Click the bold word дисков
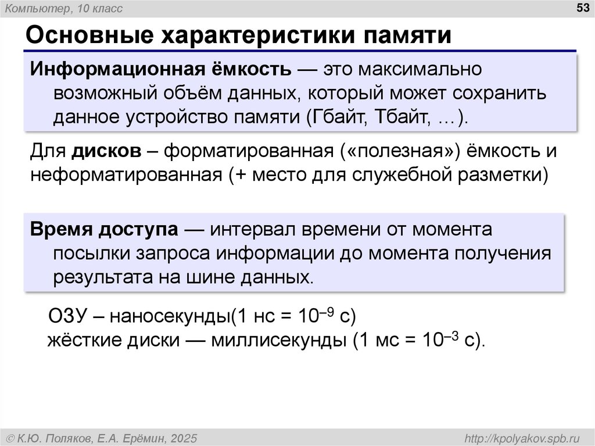pos(107,151)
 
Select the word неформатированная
pos(125,174)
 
